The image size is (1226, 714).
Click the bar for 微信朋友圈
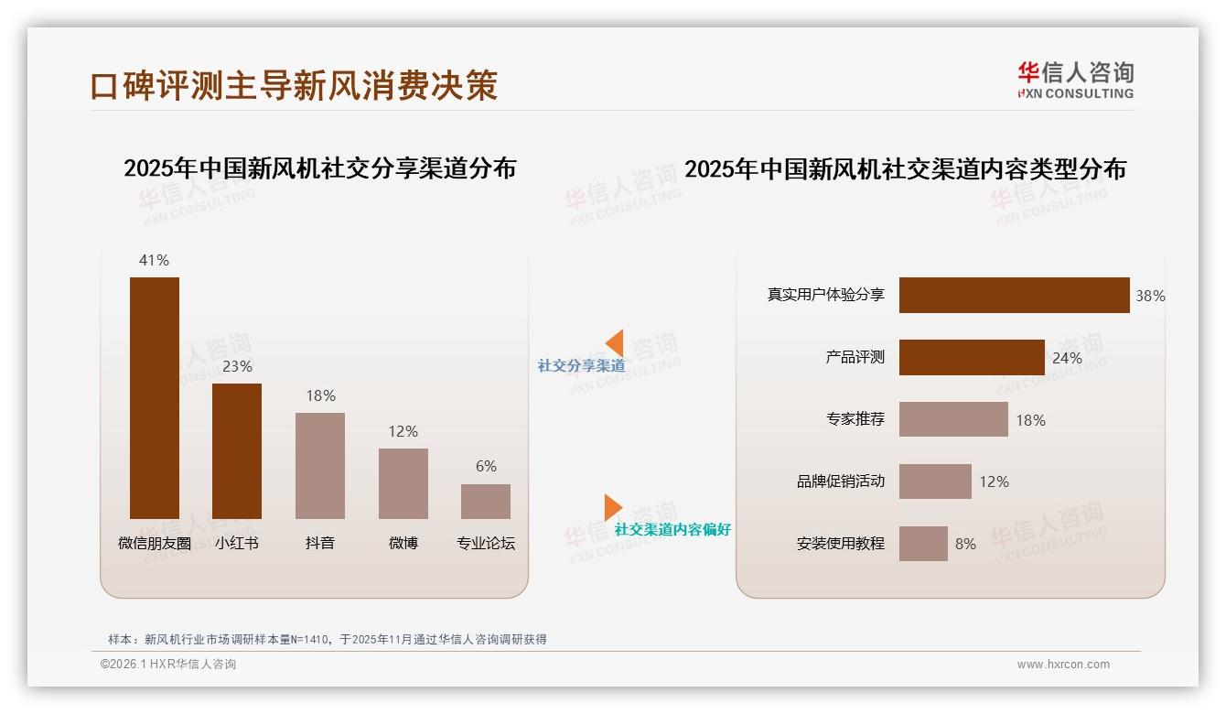coord(154,397)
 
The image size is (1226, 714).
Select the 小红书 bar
coord(237,450)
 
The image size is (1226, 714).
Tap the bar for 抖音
coord(320,465)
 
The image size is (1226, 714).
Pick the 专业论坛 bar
coord(486,501)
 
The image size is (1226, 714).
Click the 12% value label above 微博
coord(403,431)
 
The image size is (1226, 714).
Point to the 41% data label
coord(154,260)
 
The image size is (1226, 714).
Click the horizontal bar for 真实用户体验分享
coord(1014,296)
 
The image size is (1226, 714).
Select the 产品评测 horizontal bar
coord(972,358)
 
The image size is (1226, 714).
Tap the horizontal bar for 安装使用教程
coord(923,544)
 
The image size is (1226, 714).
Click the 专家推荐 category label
coord(855,420)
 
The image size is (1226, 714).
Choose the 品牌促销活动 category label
coord(840,481)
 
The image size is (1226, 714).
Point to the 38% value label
coord(1150,296)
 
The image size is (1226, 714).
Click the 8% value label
coord(965,544)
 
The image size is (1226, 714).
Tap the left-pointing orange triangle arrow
coord(615,343)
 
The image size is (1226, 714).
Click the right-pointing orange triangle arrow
coord(612,507)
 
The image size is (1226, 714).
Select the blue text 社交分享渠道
coord(581,366)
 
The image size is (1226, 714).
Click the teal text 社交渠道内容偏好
coord(672,530)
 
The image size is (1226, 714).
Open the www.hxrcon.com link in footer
coord(1063,665)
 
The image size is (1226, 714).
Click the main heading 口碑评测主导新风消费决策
coord(294,85)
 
